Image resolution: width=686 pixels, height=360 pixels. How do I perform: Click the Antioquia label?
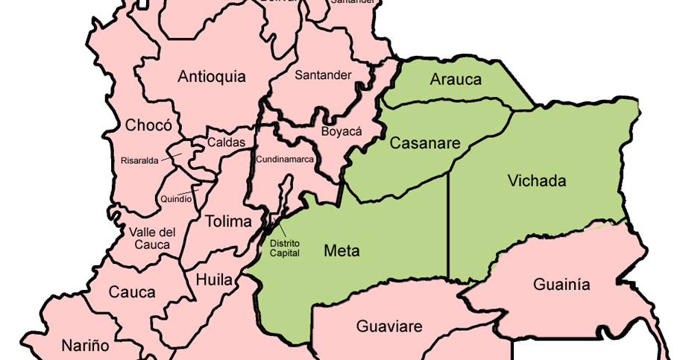[212, 76]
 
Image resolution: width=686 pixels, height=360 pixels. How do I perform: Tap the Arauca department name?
[456, 80]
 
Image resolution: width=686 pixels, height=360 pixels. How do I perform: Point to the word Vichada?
[536, 180]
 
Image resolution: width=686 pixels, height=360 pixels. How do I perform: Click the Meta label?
[342, 250]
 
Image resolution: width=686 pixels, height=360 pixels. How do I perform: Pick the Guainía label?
[561, 284]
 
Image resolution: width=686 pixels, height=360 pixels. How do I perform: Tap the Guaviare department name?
[389, 326]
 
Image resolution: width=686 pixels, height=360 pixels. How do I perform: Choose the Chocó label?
[148, 124]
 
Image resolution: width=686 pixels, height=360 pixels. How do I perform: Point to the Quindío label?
[176, 199]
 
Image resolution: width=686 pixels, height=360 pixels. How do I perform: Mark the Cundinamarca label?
[285, 160]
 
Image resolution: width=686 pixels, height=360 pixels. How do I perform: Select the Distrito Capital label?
[285, 247]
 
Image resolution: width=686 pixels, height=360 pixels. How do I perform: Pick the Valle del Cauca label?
[151, 239]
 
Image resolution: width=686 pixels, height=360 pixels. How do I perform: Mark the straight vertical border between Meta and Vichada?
[447, 224]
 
